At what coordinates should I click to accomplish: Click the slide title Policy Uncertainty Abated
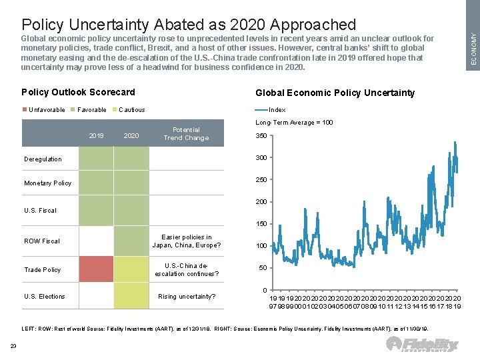[189, 25]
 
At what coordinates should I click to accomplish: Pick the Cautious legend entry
[131, 110]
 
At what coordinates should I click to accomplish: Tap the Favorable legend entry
[91, 110]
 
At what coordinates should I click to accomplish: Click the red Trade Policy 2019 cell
[96, 269]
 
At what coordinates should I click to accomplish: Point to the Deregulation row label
[43, 159]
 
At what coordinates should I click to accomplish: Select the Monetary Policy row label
[47, 183]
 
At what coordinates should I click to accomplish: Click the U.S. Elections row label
[45, 297]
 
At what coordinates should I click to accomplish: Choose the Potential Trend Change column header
[186, 134]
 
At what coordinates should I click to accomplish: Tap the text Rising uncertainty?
[187, 297]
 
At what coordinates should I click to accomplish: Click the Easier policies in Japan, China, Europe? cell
[186, 241]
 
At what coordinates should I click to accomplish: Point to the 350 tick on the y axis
[261, 136]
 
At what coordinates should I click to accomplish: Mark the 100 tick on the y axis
[261, 246]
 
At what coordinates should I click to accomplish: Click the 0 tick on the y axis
[265, 290]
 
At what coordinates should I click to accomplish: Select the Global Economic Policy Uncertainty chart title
[335, 93]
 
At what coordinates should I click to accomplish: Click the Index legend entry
[277, 110]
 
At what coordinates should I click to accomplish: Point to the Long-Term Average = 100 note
[294, 123]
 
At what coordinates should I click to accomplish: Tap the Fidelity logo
[423, 344]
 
